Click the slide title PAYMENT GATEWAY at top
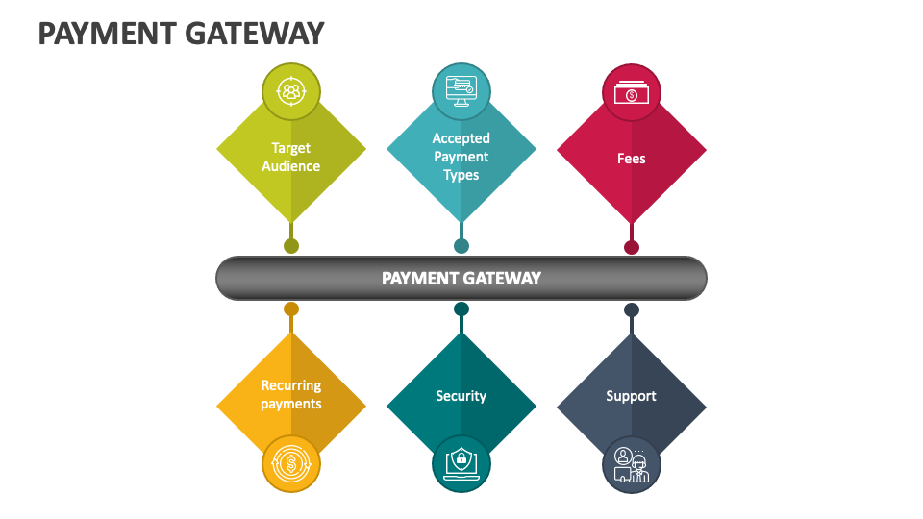pos(181,34)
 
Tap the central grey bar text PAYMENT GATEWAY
pos(461,279)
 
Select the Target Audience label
pos(291,157)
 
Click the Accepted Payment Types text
pos(461,157)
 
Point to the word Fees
pos(632,159)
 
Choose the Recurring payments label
pos(291,395)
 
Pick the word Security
pos(461,396)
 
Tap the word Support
pos(632,396)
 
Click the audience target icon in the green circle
pos(291,92)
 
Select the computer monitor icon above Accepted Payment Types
pos(461,92)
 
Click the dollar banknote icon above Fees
pos(632,92)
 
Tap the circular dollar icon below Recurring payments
pos(291,464)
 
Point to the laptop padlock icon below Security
pos(461,464)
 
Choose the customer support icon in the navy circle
pos(632,464)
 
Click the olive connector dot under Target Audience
pos(291,246)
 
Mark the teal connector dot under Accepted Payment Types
pos(461,246)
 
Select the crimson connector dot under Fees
pos(632,247)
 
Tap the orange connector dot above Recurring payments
pos(291,309)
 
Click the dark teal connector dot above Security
pos(461,309)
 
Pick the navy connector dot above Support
pos(632,309)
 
